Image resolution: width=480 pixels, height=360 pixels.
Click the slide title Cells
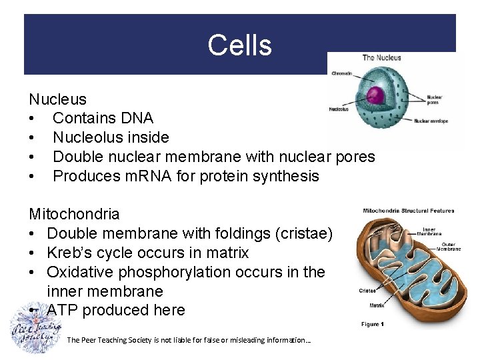(x=239, y=45)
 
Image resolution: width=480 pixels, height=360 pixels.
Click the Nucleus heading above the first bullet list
(x=57, y=99)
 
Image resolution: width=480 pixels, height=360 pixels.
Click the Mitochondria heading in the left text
(x=74, y=215)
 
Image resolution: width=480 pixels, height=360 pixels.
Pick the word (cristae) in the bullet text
(x=298, y=234)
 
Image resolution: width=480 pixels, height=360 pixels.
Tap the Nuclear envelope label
(x=431, y=121)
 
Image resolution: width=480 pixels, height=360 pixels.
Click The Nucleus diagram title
(x=381, y=58)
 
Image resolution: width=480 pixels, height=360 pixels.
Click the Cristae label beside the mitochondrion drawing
(x=368, y=290)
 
